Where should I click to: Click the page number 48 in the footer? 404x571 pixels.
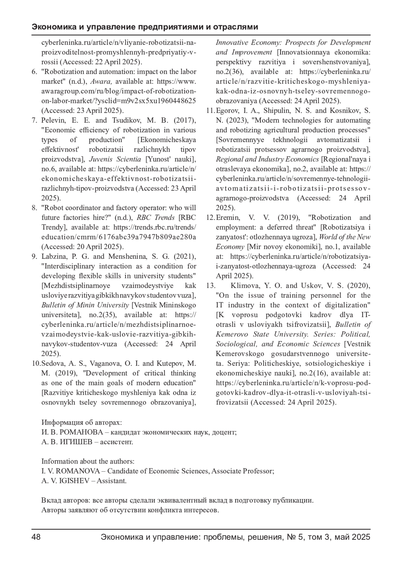point(36,537)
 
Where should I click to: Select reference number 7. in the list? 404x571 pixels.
point(34,120)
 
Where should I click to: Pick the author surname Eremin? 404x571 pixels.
point(228,218)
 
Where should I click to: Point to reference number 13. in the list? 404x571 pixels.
point(211,286)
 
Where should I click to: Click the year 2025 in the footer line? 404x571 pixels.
point(361,537)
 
